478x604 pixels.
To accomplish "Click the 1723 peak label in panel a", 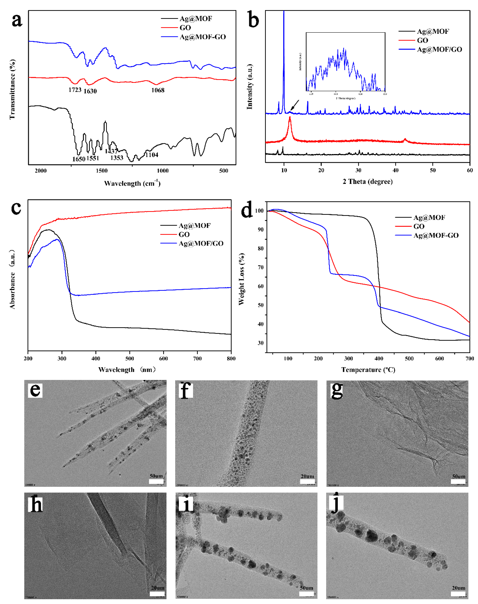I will (x=75, y=90).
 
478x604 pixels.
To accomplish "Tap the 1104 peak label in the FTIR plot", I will (x=152, y=155).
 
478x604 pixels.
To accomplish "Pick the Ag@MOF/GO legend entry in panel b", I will (x=439, y=49).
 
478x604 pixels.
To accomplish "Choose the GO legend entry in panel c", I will (x=184, y=234).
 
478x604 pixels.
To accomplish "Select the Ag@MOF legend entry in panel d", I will (x=429, y=217).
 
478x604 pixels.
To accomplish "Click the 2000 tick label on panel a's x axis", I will (x=41, y=171).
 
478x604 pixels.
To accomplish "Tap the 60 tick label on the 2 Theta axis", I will (x=470, y=170).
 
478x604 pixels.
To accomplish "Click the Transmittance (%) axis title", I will (x=12, y=90).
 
